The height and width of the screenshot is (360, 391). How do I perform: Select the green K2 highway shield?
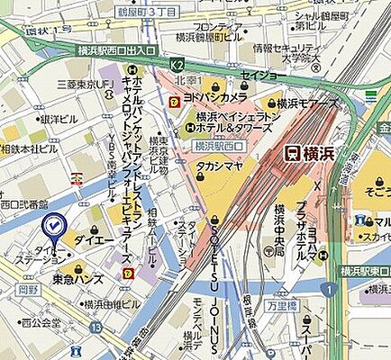point(178,66)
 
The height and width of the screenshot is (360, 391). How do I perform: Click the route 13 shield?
point(95,327)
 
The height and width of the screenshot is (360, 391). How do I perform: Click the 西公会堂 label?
point(41,321)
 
